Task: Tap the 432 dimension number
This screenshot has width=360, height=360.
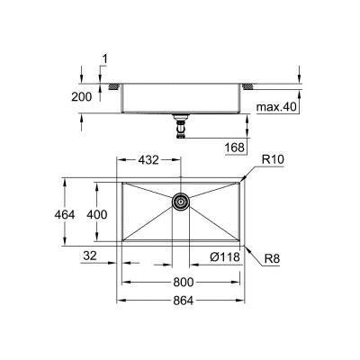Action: [x=148, y=159]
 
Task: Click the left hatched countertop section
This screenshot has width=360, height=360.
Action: [x=114, y=86]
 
